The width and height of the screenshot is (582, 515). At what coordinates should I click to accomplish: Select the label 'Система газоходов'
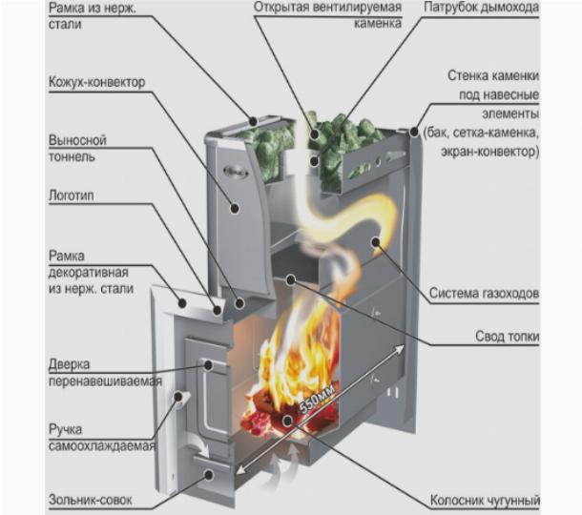(485, 293)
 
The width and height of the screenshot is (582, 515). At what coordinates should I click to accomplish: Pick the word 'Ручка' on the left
(67, 430)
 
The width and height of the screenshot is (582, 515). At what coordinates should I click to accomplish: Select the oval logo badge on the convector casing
(231, 173)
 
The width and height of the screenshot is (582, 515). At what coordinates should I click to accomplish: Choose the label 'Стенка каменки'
(492, 76)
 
